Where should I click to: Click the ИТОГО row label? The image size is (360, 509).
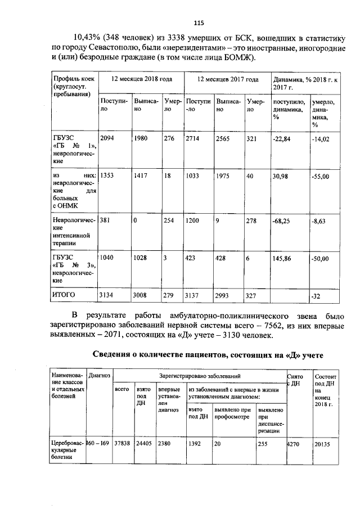(64, 294)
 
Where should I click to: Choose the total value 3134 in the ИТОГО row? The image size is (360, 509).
(107, 294)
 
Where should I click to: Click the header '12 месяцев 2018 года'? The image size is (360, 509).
(141, 79)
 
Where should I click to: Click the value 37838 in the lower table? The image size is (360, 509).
(122, 443)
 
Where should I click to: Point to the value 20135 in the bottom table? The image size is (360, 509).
(322, 443)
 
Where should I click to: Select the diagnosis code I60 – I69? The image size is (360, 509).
(98, 443)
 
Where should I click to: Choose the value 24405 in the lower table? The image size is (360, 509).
(144, 443)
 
